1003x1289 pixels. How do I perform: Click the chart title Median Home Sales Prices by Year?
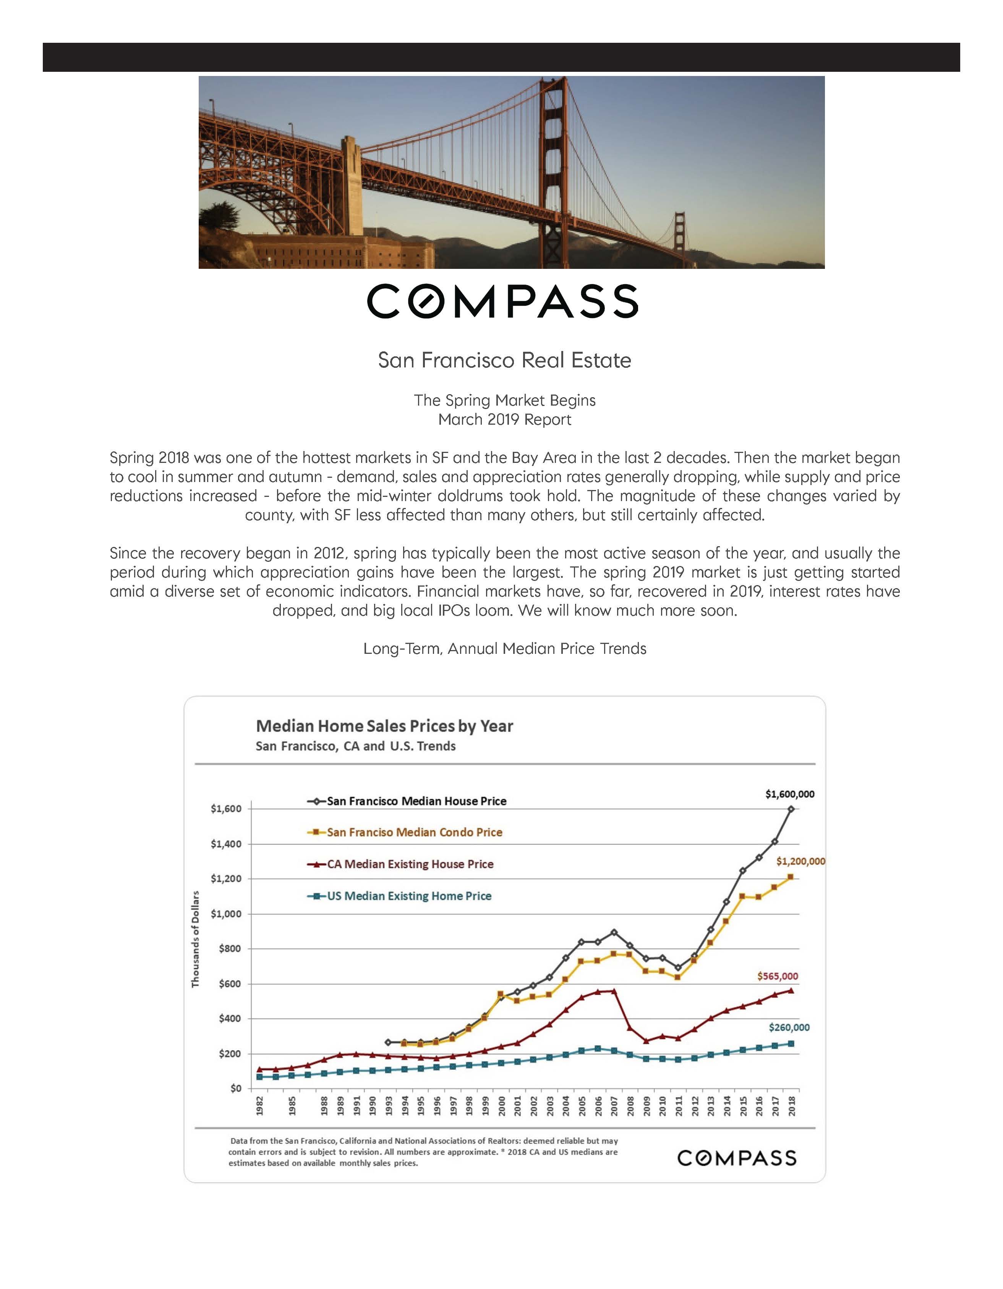(384, 726)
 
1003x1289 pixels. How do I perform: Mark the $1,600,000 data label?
(789, 794)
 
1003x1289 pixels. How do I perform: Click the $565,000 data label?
(778, 976)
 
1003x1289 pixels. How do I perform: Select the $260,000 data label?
(789, 1027)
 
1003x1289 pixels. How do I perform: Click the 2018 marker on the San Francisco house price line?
(791, 809)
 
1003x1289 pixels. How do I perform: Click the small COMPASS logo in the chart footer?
(737, 1158)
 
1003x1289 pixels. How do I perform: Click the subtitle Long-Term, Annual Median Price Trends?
(505, 649)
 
